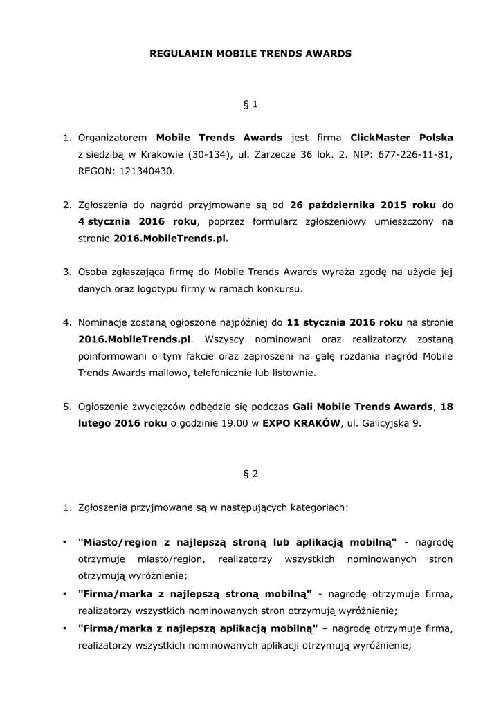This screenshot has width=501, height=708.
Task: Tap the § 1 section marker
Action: tap(250, 104)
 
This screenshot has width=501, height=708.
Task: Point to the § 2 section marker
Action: tap(250, 474)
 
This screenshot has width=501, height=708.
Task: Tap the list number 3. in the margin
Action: tap(68, 272)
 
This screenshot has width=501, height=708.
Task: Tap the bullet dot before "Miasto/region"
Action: tap(64, 541)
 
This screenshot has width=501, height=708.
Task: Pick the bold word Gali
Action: tap(305, 407)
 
